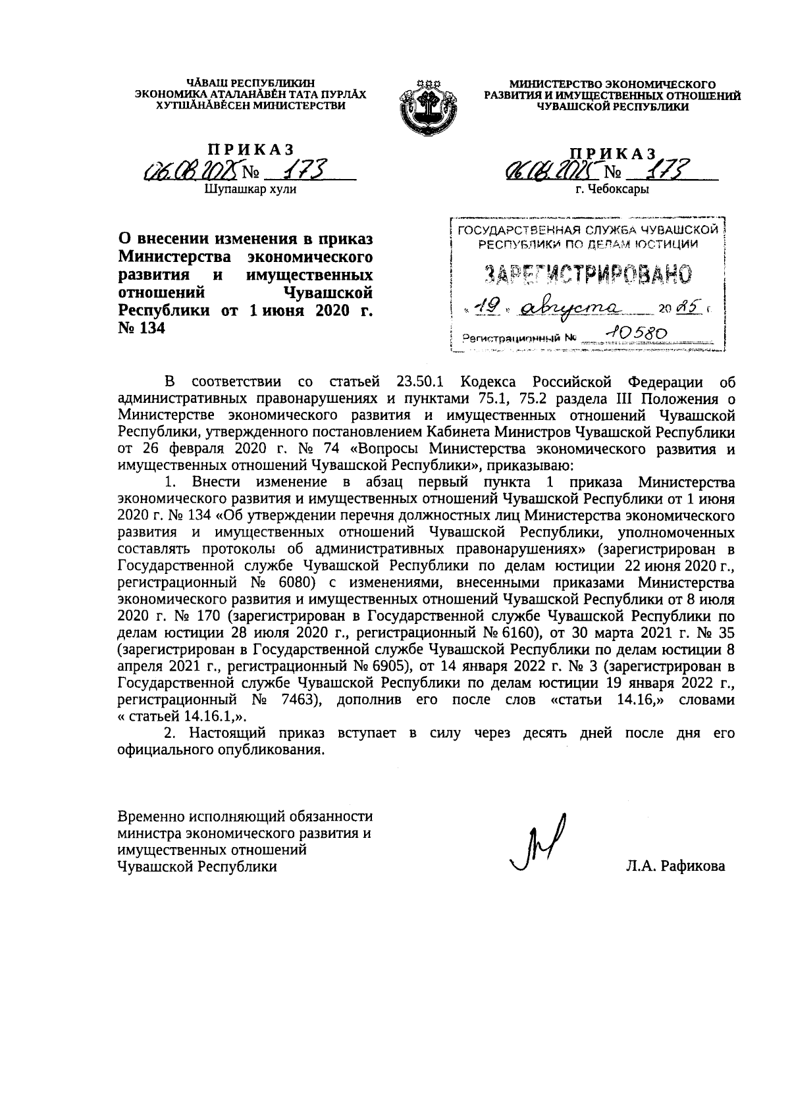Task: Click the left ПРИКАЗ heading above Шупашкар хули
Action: pyautogui.click(x=251, y=151)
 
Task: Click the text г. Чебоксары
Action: pyautogui.click(x=612, y=190)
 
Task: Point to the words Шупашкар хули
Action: pyautogui.click(x=251, y=190)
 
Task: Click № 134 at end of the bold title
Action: pyautogui.click(x=141, y=327)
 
